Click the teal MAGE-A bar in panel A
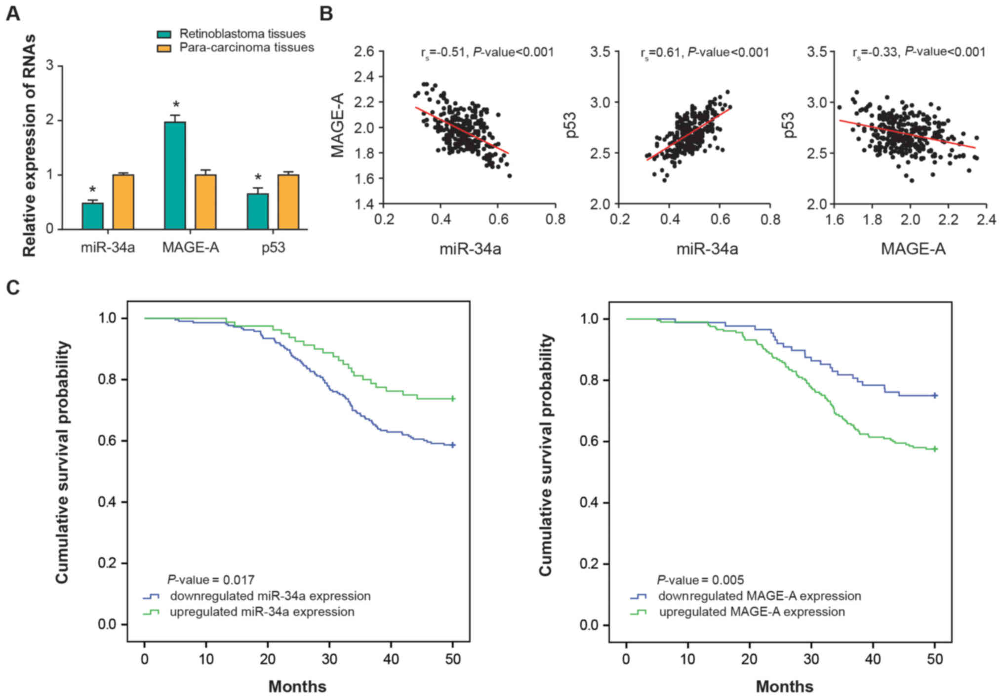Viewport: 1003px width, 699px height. (175, 175)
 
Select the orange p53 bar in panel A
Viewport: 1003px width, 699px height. (288, 202)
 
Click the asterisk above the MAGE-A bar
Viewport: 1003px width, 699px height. (176, 105)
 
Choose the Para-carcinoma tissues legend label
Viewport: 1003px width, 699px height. (246, 47)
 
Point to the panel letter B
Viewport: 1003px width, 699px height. (326, 13)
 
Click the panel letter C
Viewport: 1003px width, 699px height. (13, 287)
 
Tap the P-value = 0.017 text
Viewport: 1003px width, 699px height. (211, 579)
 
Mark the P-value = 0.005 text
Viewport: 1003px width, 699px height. (700, 579)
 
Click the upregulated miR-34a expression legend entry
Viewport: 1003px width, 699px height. (262, 612)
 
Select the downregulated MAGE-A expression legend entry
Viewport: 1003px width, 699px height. (759, 596)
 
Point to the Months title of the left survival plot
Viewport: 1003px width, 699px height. (297, 686)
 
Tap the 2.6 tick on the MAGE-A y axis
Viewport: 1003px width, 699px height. (364, 51)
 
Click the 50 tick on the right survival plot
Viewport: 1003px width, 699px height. (935, 659)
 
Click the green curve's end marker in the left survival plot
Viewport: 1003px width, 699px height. (453, 399)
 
